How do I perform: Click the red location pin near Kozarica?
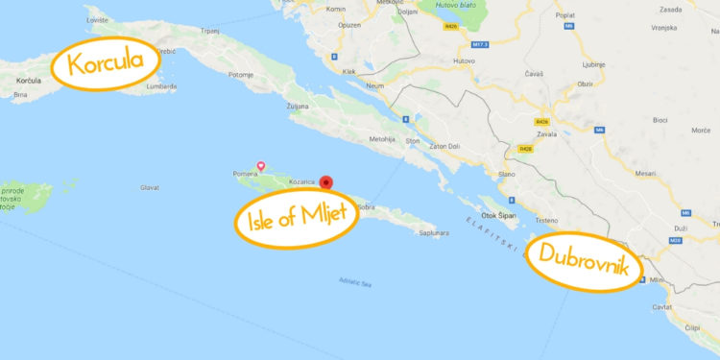pyautogui.click(x=326, y=181)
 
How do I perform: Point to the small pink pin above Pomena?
pyautogui.click(x=260, y=166)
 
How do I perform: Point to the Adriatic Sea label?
pyautogui.click(x=355, y=281)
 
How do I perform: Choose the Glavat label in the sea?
pyautogui.click(x=149, y=188)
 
